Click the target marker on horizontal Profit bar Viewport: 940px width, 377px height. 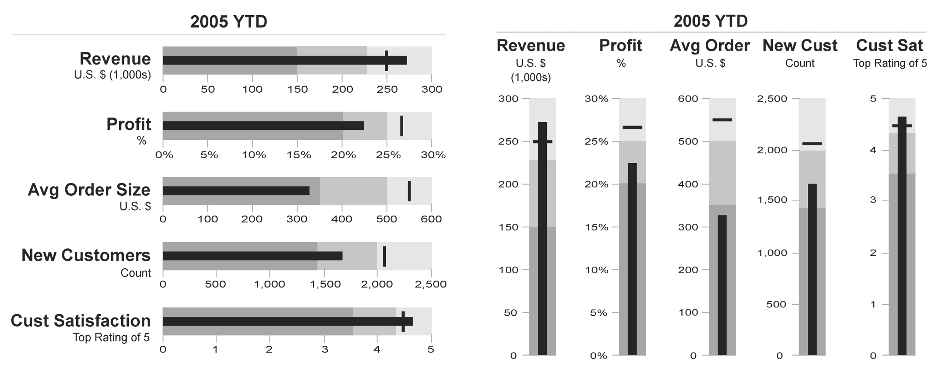click(x=402, y=126)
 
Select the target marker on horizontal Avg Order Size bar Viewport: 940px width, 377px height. click(x=409, y=191)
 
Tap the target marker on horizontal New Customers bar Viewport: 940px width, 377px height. click(x=384, y=256)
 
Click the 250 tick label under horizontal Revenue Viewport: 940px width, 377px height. click(x=387, y=89)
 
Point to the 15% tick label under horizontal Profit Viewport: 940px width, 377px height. click(x=298, y=155)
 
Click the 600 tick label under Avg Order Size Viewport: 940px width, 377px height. click(x=431, y=219)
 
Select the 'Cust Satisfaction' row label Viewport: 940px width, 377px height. click(x=81, y=321)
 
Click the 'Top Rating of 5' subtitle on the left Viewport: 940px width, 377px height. click(x=111, y=337)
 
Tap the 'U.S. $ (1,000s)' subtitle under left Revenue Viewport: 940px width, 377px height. click(x=112, y=75)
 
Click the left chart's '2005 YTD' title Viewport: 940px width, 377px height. click(x=229, y=21)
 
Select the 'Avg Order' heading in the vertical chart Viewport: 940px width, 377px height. click(x=710, y=46)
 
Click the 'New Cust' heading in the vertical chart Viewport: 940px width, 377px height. click(x=800, y=46)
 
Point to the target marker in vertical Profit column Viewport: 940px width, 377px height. click(x=632, y=127)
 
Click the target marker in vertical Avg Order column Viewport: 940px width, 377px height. click(x=722, y=120)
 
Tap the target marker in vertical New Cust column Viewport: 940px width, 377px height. click(x=812, y=144)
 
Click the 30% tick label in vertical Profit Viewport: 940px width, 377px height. click(x=597, y=99)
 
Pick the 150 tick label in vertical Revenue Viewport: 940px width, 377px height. click(x=508, y=227)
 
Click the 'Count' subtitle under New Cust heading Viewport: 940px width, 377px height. click(x=799, y=63)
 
